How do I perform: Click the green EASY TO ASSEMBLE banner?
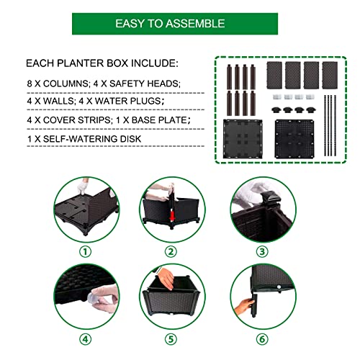click(169, 23)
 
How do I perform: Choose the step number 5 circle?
click(171, 337)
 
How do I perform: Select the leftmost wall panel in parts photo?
click(274, 74)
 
